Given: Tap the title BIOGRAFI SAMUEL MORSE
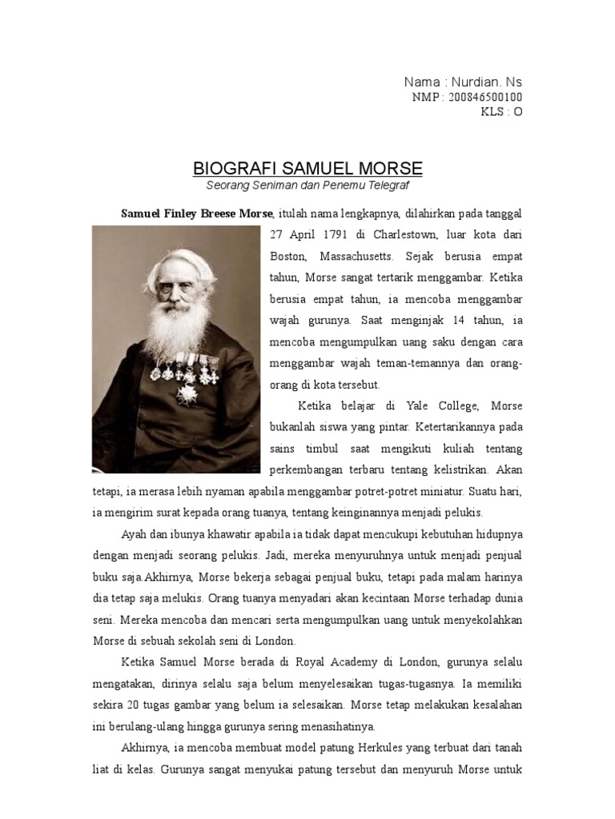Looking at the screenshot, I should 307,169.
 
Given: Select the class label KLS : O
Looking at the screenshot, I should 501,112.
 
